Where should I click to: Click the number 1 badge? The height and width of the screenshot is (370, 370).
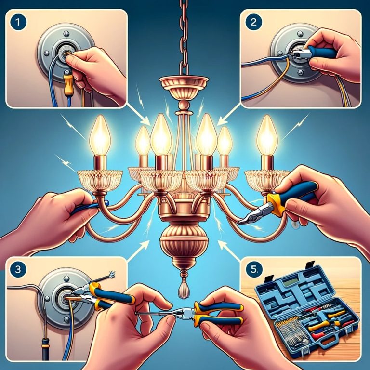18,22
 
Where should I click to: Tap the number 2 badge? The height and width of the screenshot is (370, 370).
253,22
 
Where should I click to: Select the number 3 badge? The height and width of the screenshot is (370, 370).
18,269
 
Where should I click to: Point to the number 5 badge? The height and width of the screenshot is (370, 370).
253,269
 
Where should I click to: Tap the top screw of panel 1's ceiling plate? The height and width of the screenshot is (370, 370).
66,33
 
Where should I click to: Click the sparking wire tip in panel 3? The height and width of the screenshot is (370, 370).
112,275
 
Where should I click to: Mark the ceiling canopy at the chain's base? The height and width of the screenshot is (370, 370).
184,85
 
